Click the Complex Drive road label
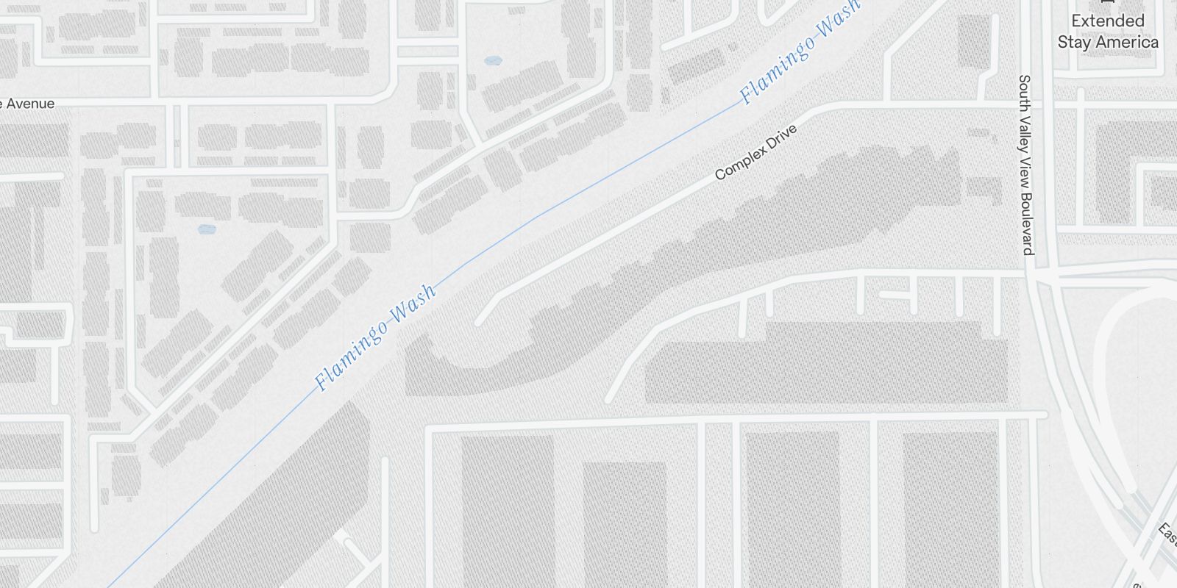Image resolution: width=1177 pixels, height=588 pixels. click(x=756, y=152)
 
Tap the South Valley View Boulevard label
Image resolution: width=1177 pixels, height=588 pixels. click(x=1027, y=165)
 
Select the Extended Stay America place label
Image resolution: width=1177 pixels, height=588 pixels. click(x=1108, y=32)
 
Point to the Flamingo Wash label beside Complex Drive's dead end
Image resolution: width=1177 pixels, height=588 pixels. click(x=375, y=337)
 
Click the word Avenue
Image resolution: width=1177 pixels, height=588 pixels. click(x=30, y=104)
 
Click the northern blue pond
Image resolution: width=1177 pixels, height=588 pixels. click(x=493, y=60)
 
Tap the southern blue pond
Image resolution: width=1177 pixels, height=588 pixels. click(x=207, y=229)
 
